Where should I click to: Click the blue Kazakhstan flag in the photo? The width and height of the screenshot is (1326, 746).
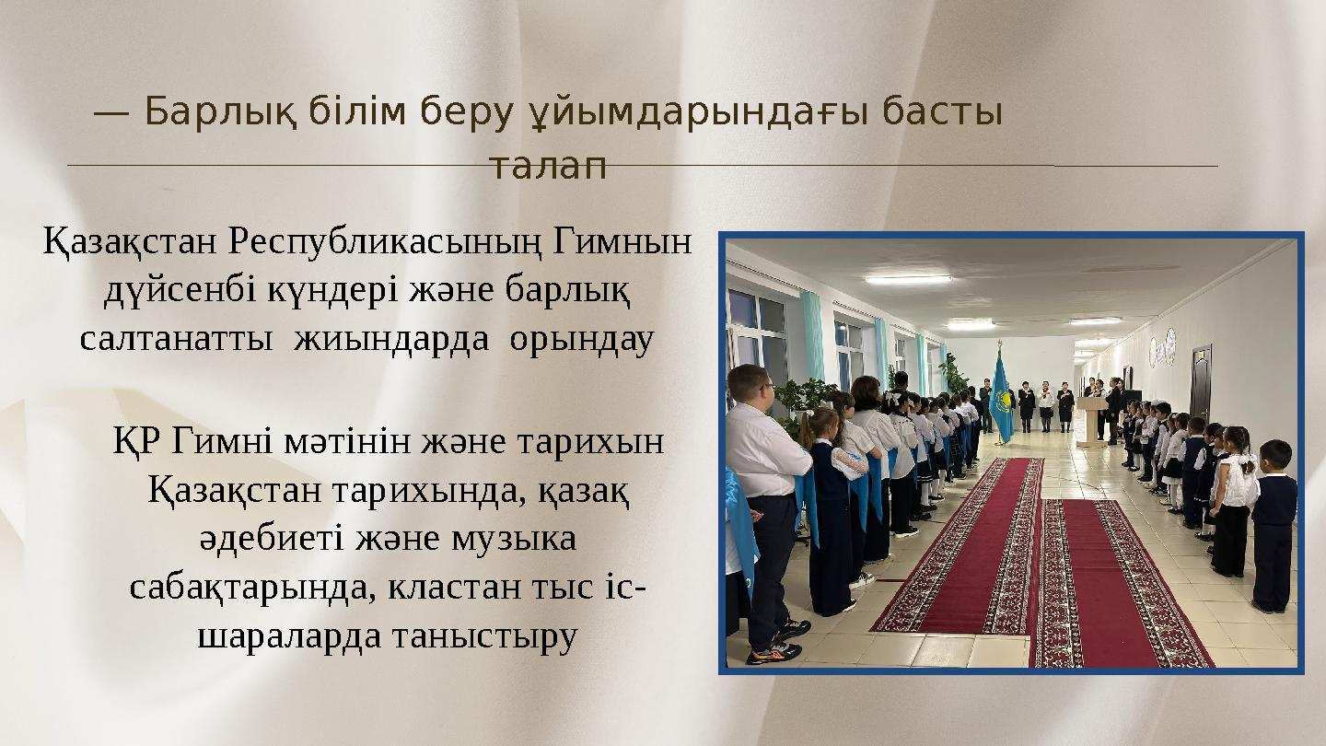coord(1002,396)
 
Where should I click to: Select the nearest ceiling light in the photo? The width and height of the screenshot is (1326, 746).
coord(907,279)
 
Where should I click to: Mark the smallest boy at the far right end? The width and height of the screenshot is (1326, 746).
coord(1274,525)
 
